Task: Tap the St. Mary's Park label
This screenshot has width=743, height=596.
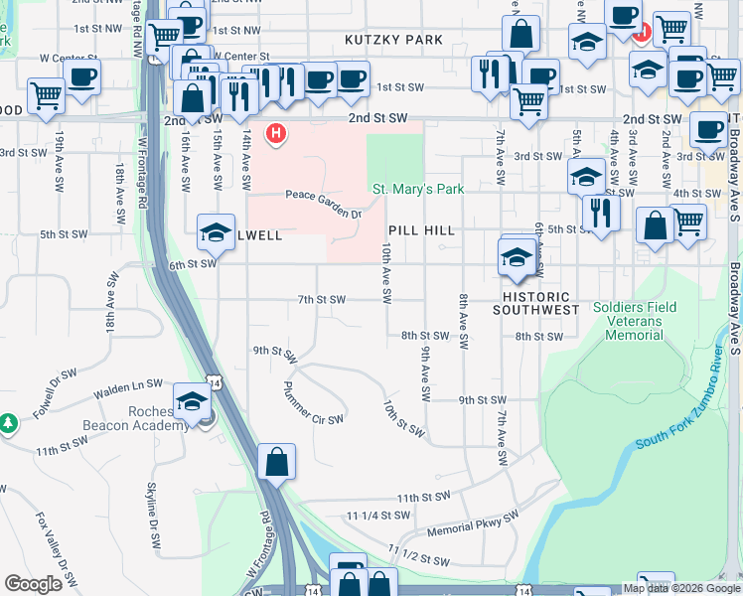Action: pyautogui.click(x=418, y=189)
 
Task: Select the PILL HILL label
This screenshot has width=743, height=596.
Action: pyautogui.click(x=422, y=230)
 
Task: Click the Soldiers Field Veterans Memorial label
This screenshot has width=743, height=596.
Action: pyautogui.click(x=635, y=321)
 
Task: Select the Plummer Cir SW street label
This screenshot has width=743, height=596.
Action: pyautogui.click(x=313, y=402)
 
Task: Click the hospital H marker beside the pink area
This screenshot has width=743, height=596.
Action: pyautogui.click(x=275, y=133)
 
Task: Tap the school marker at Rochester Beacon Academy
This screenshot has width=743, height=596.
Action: pyautogui.click(x=191, y=402)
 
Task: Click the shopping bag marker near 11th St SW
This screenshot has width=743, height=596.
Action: pyautogui.click(x=276, y=462)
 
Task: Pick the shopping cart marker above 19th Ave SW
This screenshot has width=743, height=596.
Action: pyautogui.click(x=46, y=96)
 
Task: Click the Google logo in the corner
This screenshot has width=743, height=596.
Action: pyautogui.click(x=33, y=584)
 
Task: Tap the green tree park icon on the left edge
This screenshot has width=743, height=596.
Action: pyautogui.click(x=8, y=424)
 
